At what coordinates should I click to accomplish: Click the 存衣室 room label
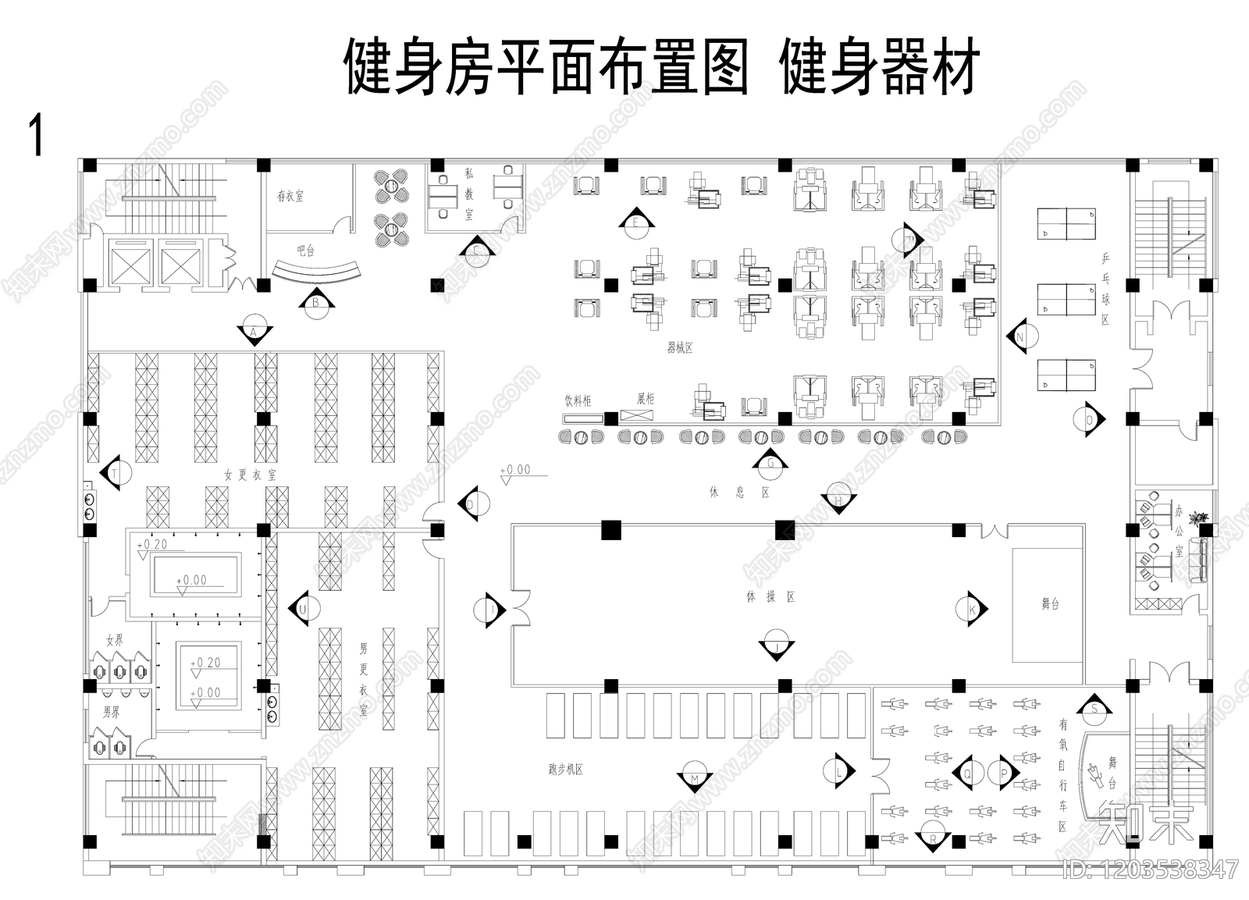[290, 196]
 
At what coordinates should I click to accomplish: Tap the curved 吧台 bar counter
[318, 270]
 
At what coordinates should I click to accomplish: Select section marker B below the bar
[316, 302]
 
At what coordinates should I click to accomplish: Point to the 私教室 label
[469, 194]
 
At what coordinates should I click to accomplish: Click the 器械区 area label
[680, 348]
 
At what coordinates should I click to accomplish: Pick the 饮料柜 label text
[578, 400]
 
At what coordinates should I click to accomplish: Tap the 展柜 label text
[646, 399]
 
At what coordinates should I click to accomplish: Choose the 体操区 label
[770, 597]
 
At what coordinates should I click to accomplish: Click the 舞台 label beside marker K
[1050, 603]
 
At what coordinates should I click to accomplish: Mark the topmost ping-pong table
[1066, 223]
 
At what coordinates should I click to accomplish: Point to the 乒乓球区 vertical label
[1105, 289]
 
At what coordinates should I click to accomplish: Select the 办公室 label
[1179, 531]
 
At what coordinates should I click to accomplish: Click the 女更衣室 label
[250, 474]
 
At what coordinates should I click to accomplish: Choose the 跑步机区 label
[566, 769]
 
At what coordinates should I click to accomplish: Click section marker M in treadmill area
[694, 779]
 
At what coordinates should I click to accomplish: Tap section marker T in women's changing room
[115, 473]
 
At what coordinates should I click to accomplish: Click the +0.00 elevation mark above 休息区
[515, 470]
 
